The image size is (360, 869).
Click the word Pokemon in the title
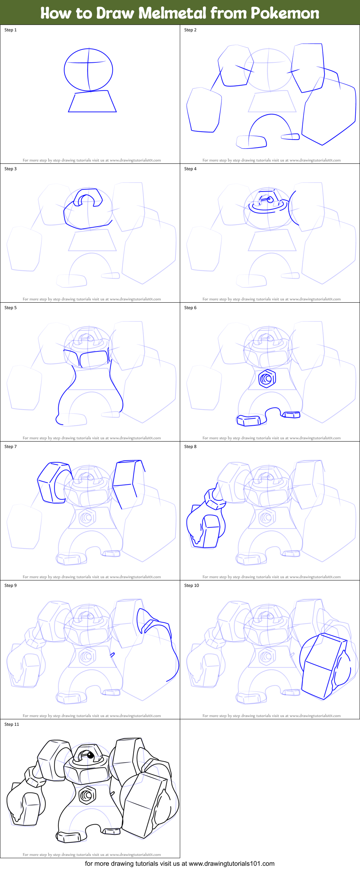point(285,13)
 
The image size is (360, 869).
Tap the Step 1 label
point(10,30)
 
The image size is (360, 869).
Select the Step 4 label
point(190,169)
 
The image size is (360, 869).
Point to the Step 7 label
point(10,447)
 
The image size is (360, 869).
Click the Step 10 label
point(191,585)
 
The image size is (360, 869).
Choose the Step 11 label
point(12,724)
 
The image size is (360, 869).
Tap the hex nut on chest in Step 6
point(267,378)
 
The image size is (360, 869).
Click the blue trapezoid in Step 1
point(92,102)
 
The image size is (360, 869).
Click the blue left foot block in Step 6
point(248,420)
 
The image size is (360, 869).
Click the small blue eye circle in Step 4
point(270,201)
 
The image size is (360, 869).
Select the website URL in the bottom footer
point(231,864)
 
